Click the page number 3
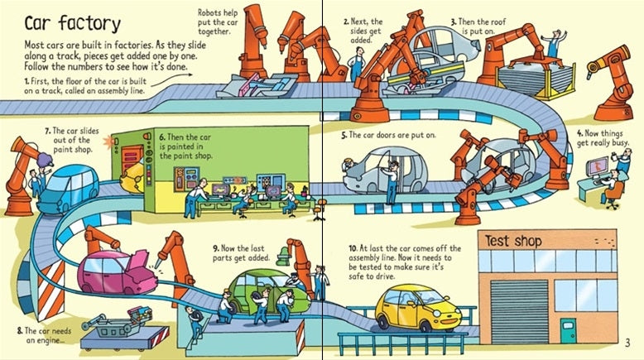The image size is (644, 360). tap(628, 343)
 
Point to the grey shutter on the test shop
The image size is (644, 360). tap(518, 310)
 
